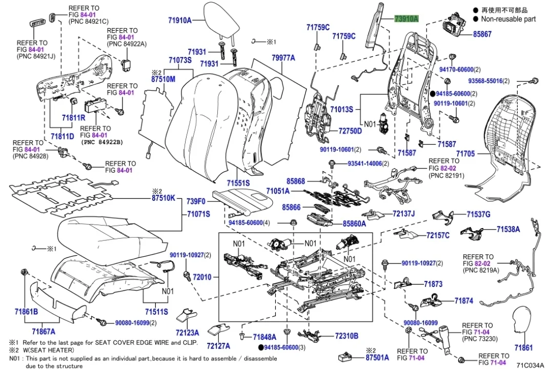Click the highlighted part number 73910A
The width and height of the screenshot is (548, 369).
[406, 18]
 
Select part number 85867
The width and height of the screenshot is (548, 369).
[481, 34]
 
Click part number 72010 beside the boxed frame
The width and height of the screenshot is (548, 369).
[201, 277]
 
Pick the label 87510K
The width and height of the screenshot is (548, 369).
[163, 198]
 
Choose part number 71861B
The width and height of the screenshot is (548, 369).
[26, 311]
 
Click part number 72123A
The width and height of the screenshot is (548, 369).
[187, 332]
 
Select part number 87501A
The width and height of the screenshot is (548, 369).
[377, 357]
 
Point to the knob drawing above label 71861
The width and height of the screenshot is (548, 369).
[523, 323]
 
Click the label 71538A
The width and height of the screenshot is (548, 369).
[508, 230]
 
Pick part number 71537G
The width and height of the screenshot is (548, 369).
[478, 214]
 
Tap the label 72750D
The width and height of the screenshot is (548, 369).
[350, 131]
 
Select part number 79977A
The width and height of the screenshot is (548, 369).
[283, 58]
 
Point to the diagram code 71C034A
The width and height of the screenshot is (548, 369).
[530, 365]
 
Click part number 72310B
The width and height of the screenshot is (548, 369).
[347, 336]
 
